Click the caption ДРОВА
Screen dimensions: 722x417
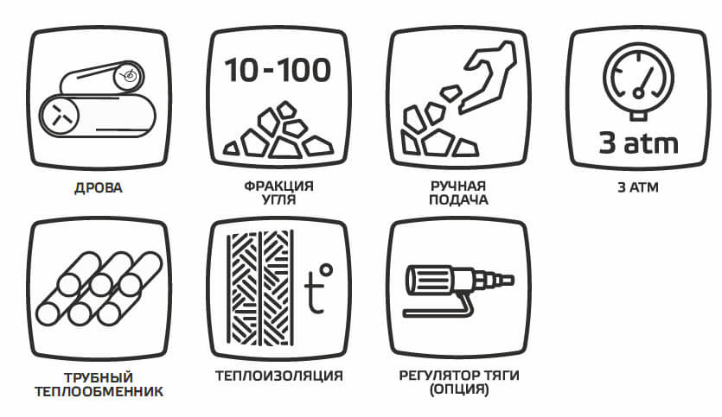[98, 188]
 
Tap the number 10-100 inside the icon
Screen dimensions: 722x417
[278, 70]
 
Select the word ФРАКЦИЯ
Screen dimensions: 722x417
[278, 186]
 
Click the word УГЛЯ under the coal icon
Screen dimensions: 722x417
[278, 200]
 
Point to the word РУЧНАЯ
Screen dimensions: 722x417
[458, 186]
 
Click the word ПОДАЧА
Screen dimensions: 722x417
[458, 200]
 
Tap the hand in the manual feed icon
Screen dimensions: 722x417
[488, 76]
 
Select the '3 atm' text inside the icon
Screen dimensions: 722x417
[638, 143]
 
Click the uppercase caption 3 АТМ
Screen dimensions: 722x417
[638, 187]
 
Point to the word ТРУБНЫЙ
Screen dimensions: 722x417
[98, 377]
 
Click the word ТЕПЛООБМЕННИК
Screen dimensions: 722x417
[99, 392]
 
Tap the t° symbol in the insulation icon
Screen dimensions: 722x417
[318, 288]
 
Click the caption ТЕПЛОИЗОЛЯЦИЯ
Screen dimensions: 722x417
[279, 376]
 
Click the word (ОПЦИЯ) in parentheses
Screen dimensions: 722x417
[458, 390]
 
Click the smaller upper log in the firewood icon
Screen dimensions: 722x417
[102, 78]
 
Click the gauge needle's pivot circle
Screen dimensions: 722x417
[638, 93]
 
